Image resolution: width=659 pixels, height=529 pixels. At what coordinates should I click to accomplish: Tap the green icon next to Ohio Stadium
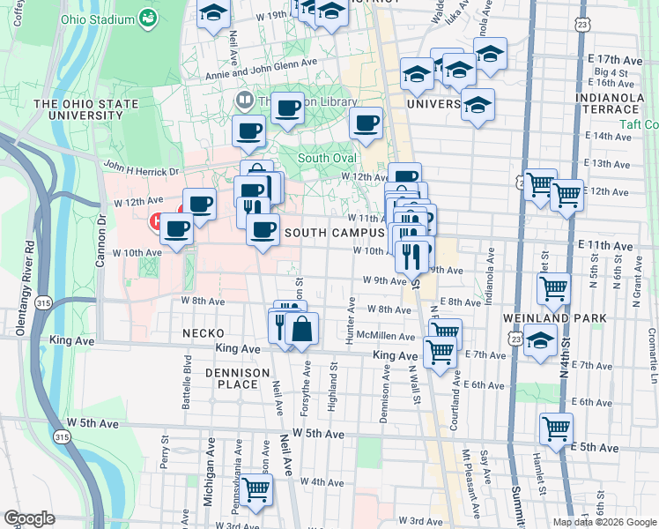coord(148,19)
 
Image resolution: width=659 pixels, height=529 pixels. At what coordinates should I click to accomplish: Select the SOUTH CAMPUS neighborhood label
coord(335,232)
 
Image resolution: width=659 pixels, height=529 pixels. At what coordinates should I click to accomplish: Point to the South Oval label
coord(327,158)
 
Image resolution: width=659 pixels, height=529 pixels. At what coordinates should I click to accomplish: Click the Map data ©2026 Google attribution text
coord(603,522)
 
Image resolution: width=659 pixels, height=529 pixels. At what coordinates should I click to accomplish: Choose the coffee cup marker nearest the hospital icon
coord(177,229)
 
